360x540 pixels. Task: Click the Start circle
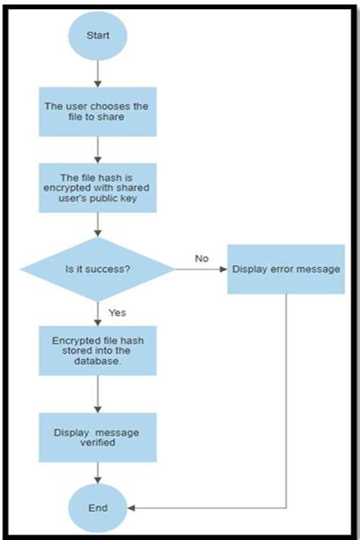[98, 36]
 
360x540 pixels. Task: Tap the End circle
[98, 507]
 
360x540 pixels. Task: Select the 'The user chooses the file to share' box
[98, 112]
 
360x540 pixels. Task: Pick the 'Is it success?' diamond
[98, 269]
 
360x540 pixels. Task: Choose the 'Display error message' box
[286, 269]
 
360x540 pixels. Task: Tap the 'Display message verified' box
[98, 437]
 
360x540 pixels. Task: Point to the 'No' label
[201, 259]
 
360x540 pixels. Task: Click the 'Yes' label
[117, 312]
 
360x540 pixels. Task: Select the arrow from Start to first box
[98, 73]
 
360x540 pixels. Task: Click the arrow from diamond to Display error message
[200, 270]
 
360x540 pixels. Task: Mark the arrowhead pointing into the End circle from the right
[131, 507]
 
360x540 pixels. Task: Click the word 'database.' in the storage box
[98, 362]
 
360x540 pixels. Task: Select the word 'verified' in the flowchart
[98, 443]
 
